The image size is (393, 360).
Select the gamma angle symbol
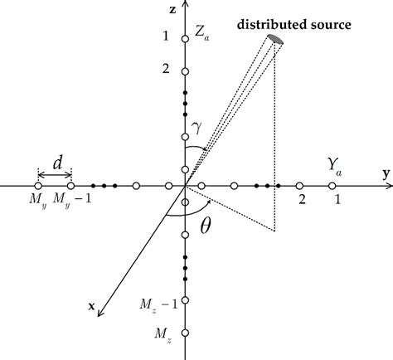point(196,126)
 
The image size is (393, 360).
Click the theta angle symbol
point(206,225)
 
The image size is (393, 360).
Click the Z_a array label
point(201,35)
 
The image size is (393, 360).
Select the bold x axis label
point(91,306)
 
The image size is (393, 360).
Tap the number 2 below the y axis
point(302,201)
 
